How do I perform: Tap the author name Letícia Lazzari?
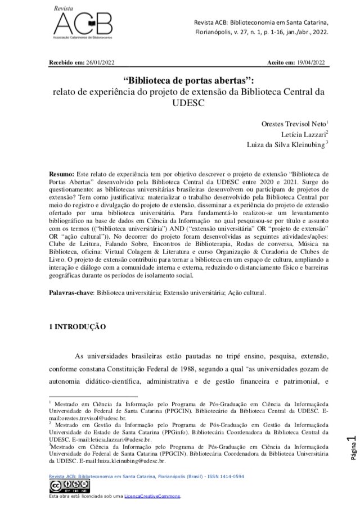click(304, 134)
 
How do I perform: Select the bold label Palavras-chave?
click(73, 293)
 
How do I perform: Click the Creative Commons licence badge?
click(63, 487)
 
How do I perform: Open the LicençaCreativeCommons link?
click(154, 497)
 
